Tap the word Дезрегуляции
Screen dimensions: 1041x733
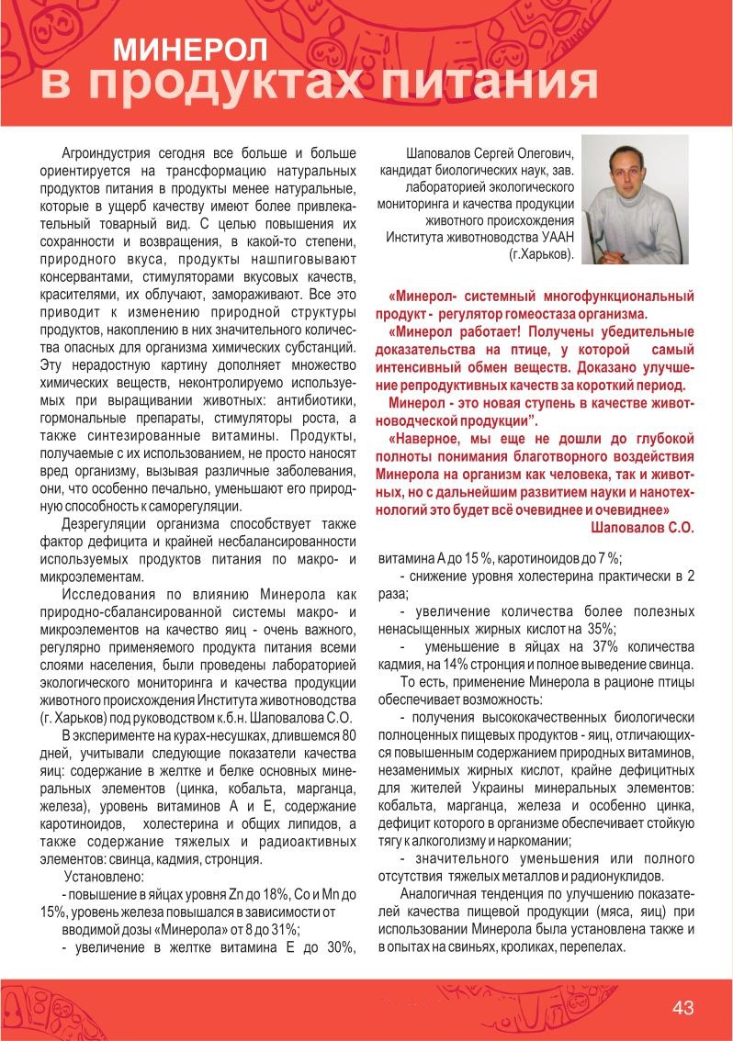click(106, 523)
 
